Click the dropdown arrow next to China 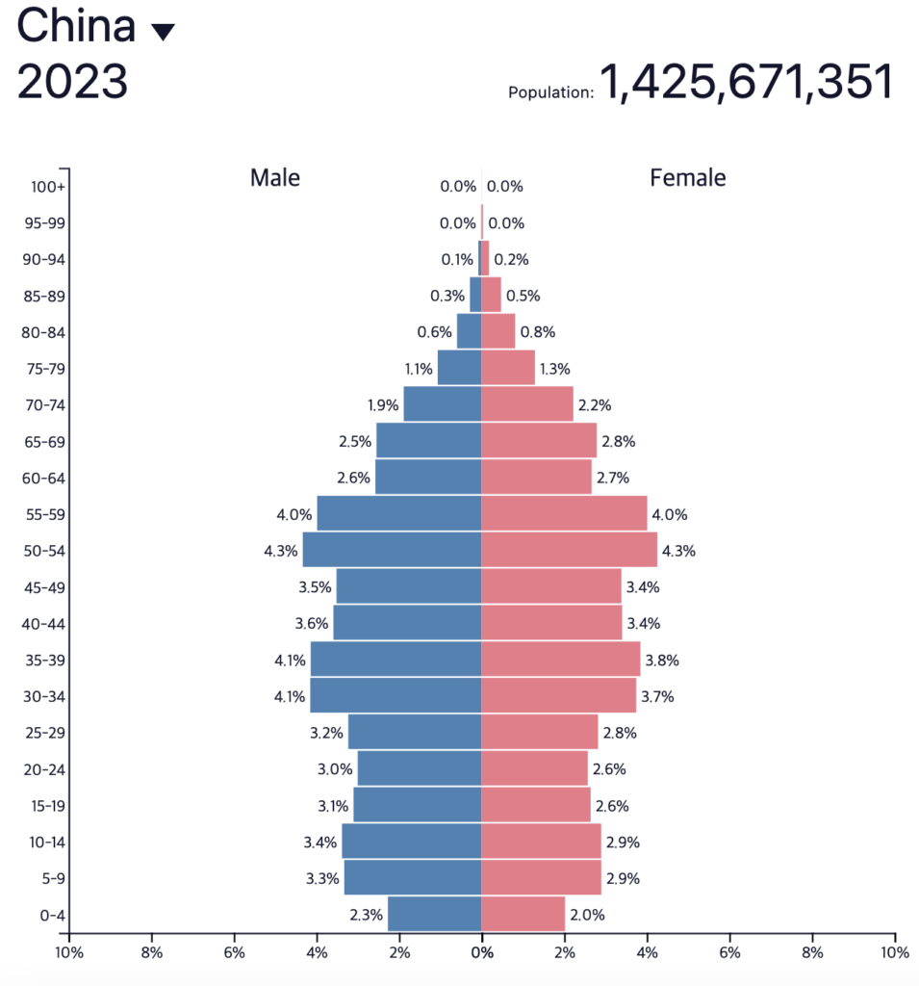click(x=163, y=32)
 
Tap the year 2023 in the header click(x=73, y=83)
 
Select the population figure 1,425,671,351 click(x=747, y=83)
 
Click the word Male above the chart click(x=275, y=178)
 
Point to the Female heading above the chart click(x=688, y=178)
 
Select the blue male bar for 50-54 click(x=392, y=551)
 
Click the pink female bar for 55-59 click(x=564, y=514)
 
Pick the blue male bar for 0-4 click(x=434, y=914)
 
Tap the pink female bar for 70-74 click(x=526, y=404)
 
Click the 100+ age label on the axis click(x=47, y=187)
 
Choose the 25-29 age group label click(x=44, y=733)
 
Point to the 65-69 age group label click(x=44, y=442)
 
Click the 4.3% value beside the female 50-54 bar click(x=678, y=552)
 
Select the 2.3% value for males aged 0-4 click(x=367, y=915)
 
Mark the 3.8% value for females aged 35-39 click(x=662, y=661)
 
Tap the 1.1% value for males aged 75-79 click(x=417, y=369)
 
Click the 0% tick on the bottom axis click(x=482, y=953)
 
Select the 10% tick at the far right click(x=894, y=953)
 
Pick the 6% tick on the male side click(x=235, y=953)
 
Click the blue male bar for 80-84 click(x=469, y=332)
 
